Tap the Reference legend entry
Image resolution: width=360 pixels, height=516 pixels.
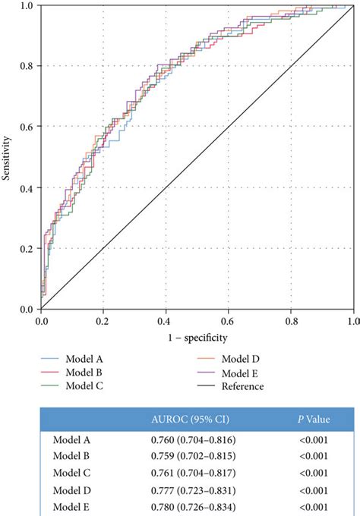click(x=243, y=386)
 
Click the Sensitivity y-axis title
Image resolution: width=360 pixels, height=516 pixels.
click(x=7, y=157)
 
